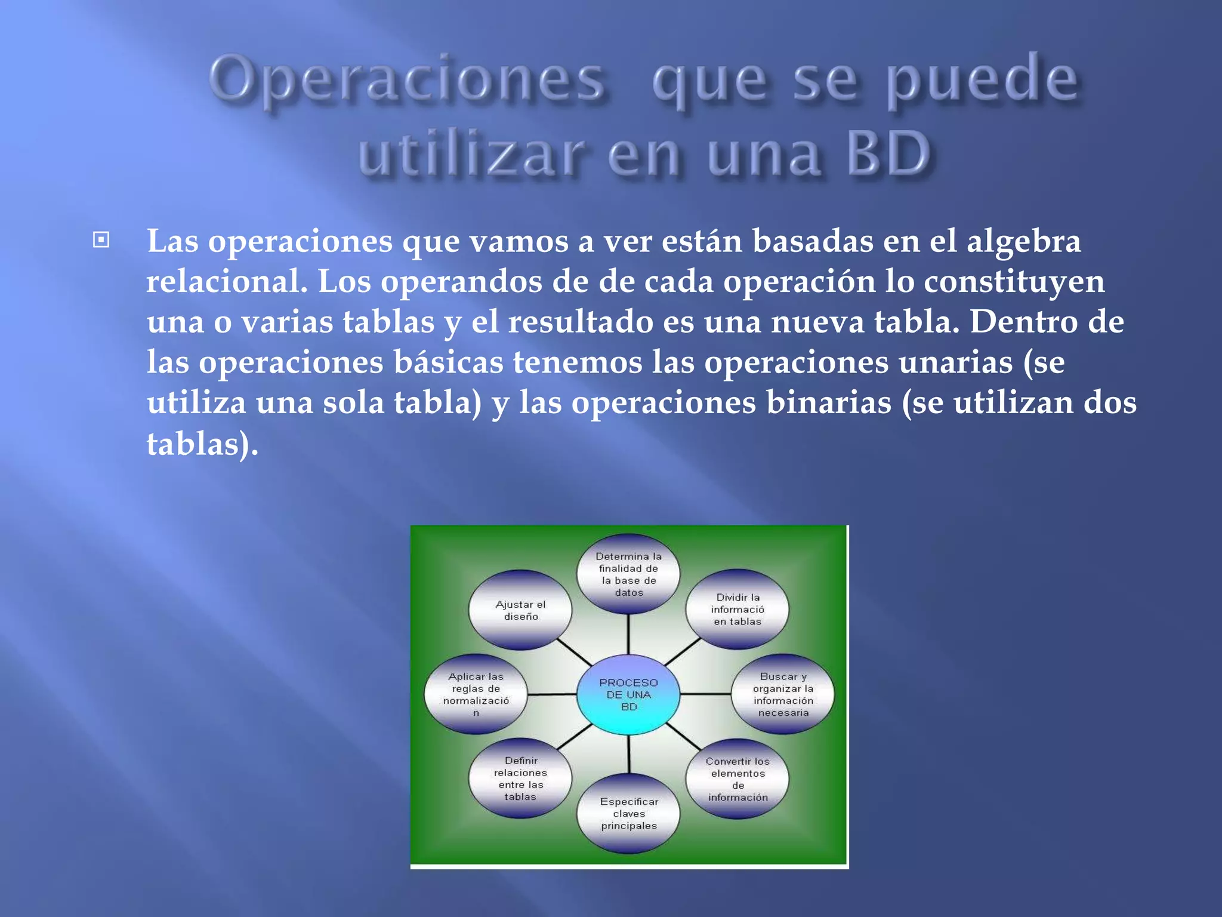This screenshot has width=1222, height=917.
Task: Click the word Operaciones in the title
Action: [x=408, y=81]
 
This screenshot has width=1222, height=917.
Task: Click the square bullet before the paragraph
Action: [x=101, y=240]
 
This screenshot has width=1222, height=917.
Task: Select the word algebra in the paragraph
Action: [x=1023, y=242]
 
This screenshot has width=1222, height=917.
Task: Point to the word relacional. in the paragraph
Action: [x=227, y=282]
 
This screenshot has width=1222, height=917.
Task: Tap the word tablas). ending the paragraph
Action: [x=202, y=444]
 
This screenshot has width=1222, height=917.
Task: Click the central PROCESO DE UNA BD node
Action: [x=628, y=694]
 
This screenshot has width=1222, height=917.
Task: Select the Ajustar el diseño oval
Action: [x=520, y=610]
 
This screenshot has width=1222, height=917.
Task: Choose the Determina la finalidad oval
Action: [x=628, y=574]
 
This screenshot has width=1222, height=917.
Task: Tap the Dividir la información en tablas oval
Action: [x=737, y=610]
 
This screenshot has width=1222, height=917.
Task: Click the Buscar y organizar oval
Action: [x=783, y=694]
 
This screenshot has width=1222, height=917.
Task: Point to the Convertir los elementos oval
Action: [x=737, y=779]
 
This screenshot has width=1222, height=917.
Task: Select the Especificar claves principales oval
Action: [x=629, y=814]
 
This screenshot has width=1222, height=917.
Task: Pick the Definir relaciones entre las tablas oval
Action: [x=520, y=778]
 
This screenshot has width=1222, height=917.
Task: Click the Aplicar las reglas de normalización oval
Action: [x=476, y=694]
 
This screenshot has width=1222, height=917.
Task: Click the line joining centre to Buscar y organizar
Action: [x=705, y=694]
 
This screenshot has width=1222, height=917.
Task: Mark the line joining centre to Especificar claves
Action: [x=629, y=754]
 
